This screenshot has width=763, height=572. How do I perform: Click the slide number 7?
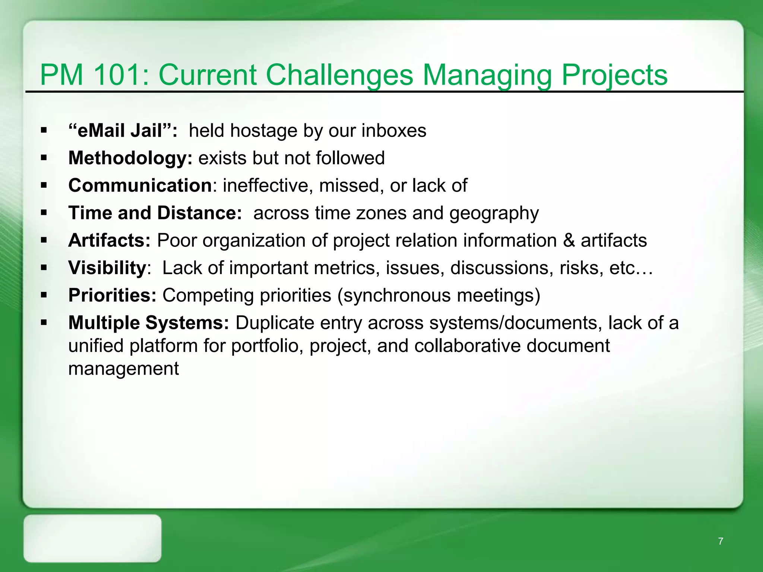pyautogui.click(x=721, y=541)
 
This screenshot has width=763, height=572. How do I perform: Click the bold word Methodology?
pyautogui.click(x=130, y=158)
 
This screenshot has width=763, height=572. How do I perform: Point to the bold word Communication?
pyautogui.click(x=140, y=185)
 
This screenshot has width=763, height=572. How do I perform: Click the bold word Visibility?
pyautogui.click(x=107, y=268)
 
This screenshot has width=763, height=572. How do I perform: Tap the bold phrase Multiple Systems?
pyautogui.click(x=148, y=322)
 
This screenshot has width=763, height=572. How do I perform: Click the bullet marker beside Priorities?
pyautogui.click(x=44, y=295)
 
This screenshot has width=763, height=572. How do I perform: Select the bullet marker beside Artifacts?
pyautogui.click(x=44, y=241)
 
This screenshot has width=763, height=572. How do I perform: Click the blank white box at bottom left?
pyautogui.click(x=92, y=538)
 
